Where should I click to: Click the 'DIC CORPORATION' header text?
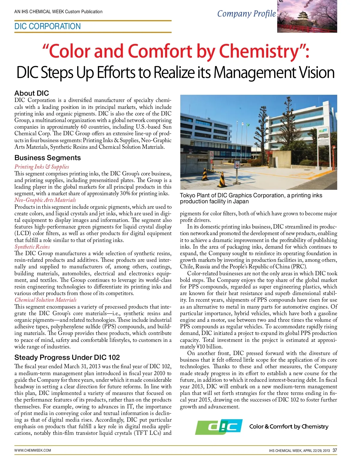[x=47, y=26]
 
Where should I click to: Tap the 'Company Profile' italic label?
[x=246, y=14]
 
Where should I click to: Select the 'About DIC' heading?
[x=31, y=93]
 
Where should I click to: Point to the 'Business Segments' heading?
[x=47, y=158]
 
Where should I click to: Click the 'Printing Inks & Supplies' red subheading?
[x=42, y=167]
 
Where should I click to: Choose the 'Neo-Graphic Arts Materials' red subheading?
[x=45, y=200]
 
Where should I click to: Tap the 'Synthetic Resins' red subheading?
[x=32, y=247]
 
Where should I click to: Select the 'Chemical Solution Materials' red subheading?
[x=45, y=300]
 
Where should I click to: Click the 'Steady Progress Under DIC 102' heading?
[x=67, y=357]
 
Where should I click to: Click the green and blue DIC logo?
[x=219, y=426]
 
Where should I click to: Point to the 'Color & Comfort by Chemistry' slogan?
[x=289, y=426]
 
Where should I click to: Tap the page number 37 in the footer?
[x=335, y=450]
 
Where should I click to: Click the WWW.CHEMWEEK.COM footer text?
[x=33, y=450]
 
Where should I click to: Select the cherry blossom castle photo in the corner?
[x=307, y=16]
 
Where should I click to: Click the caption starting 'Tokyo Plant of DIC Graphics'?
[x=251, y=198]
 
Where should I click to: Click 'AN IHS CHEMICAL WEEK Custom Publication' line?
[x=58, y=12]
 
